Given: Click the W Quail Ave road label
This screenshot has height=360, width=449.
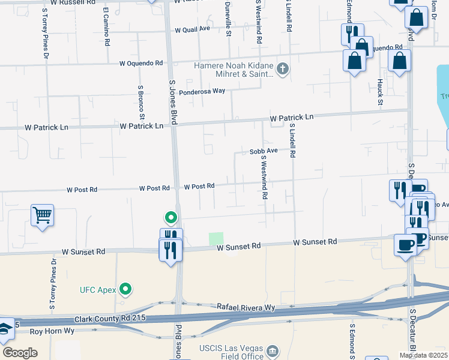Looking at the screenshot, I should pyautogui.click(x=192, y=29).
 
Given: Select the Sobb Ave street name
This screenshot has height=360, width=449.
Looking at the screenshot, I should pyautogui.click(x=264, y=151).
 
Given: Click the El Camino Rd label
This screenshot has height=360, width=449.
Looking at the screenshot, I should pyautogui.click(x=106, y=27).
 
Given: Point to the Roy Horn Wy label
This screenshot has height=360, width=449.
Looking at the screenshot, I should pyautogui.click(x=52, y=331).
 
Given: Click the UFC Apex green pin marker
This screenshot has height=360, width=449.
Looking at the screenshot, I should pyautogui.click(x=125, y=290).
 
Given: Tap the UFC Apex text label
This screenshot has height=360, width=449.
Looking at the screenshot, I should pyautogui.click(x=97, y=290).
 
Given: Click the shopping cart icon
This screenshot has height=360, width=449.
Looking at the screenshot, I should pyautogui.click(x=42, y=214).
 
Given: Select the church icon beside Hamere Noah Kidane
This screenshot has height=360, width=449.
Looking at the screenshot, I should pyautogui.click(x=282, y=69).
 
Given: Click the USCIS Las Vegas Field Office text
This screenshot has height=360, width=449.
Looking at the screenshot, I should pyautogui.click(x=231, y=352).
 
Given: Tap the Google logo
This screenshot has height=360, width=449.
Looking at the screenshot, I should pyautogui.click(x=20, y=353).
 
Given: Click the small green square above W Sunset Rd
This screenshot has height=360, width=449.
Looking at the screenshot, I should pyautogui.click(x=216, y=239).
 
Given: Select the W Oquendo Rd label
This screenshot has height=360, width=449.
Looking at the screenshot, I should pyautogui.click(x=141, y=62).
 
